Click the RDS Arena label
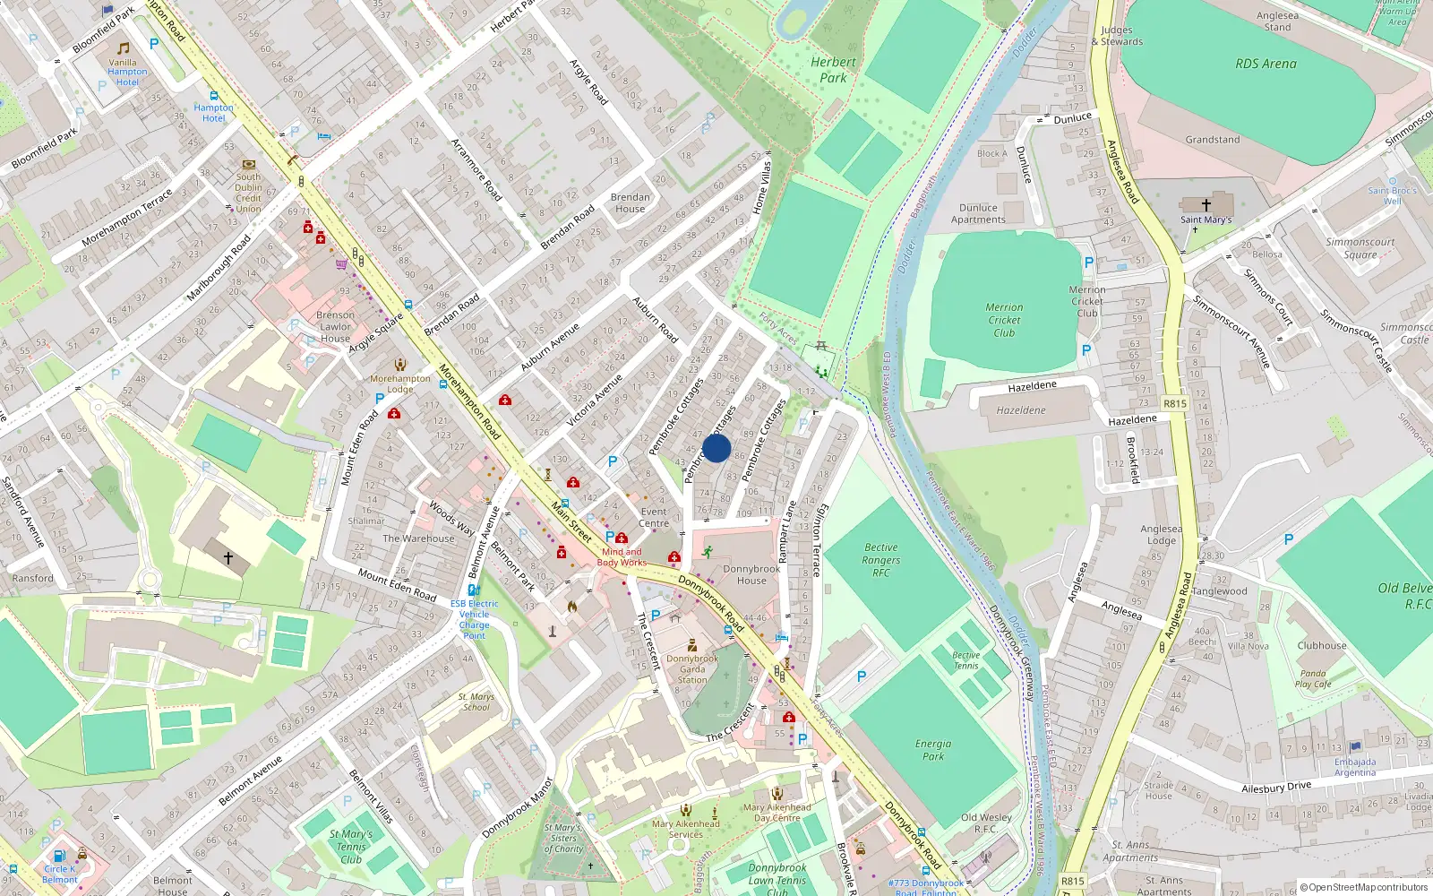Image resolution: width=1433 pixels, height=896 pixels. (x=1266, y=64)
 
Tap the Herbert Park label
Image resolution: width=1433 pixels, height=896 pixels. (x=833, y=70)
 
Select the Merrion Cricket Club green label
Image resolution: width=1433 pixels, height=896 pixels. (x=1004, y=320)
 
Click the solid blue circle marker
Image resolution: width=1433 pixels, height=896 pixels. (x=716, y=448)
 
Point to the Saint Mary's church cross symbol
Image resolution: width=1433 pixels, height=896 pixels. (x=1206, y=205)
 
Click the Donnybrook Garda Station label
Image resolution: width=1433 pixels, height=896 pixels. (x=691, y=668)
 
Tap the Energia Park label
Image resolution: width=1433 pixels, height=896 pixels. (x=933, y=750)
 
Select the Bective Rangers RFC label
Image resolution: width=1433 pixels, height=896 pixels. (x=881, y=560)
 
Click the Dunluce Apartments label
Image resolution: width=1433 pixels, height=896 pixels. (x=978, y=213)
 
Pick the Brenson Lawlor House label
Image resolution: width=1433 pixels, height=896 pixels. (x=335, y=326)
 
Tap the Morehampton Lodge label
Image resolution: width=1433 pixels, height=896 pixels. (x=400, y=383)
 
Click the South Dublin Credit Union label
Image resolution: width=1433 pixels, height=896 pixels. (x=248, y=193)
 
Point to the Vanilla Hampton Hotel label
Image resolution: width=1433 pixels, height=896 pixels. (x=126, y=72)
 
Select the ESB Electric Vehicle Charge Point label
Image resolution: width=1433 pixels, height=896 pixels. (x=474, y=619)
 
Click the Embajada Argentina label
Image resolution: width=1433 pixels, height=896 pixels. (x=1355, y=767)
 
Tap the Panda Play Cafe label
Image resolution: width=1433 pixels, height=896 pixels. (x=1313, y=678)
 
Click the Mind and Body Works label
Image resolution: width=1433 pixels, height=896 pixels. (x=622, y=557)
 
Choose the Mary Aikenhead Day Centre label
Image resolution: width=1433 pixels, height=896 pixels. (x=777, y=812)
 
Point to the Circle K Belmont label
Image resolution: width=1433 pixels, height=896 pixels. (x=60, y=874)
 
